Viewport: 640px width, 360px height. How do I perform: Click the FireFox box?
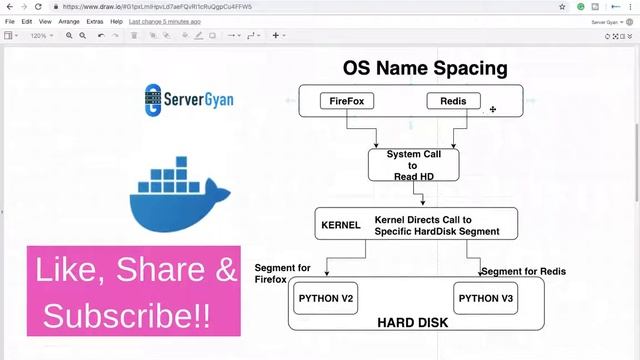pos(346,101)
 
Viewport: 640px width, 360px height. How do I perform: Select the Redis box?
pos(453,101)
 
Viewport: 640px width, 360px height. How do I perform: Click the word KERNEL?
pos(340,226)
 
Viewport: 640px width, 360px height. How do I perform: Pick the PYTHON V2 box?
pos(327,298)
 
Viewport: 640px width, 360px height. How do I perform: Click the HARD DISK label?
pos(412,323)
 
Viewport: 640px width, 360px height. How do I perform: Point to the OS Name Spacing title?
pos(424,69)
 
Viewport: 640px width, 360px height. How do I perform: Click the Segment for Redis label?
pos(523,272)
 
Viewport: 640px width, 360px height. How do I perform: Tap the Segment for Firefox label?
pos(283,273)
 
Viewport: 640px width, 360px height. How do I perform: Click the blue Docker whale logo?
pos(180,195)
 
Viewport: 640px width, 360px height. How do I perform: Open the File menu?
pos(10,21)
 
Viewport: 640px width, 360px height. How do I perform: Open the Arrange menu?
pos(69,21)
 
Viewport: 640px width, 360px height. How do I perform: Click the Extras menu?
pos(95,21)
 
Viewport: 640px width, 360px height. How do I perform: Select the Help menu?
pos(117,21)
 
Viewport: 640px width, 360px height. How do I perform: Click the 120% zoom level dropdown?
pos(41,35)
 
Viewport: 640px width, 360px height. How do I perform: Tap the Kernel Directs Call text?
pos(437,225)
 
